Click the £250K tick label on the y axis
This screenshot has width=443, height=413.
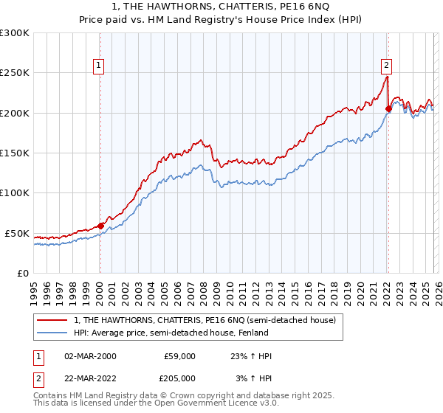(x=15, y=73)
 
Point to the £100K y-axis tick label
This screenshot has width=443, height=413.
(x=15, y=193)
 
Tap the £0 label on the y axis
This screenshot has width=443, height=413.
(x=23, y=273)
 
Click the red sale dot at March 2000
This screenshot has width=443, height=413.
(x=101, y=226)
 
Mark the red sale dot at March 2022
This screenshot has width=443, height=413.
(x=388, y=109)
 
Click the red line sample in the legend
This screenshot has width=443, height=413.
(x=52, y=321)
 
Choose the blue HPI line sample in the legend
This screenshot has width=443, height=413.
(x=52, y=333)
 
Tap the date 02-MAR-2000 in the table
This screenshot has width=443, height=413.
(x=90, y=357)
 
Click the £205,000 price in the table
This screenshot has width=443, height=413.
(x=180, y=378)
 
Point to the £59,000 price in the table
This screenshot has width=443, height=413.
(x=180, y=357)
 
